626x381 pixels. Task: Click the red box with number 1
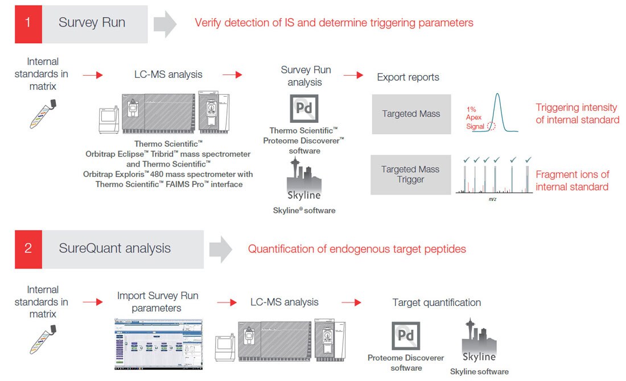click(28, 24)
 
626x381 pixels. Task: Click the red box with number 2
click(28, 249)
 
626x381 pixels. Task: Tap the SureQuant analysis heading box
click(122, 249)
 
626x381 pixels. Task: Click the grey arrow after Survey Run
click(166, 24)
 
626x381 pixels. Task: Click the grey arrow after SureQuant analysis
click(220, 249)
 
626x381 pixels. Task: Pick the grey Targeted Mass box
click(411, 114)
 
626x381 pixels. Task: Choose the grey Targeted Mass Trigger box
click(410, 175)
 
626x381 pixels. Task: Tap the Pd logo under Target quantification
click(406, 336)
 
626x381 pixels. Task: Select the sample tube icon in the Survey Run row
click(44, 114)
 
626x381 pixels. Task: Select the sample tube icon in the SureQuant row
click(44, 341)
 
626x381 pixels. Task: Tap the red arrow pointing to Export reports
click(353, 75)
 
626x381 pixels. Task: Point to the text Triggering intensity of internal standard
click(577, 114)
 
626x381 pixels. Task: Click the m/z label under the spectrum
click(491, 200)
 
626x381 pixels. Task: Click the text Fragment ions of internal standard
click(572, 180)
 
